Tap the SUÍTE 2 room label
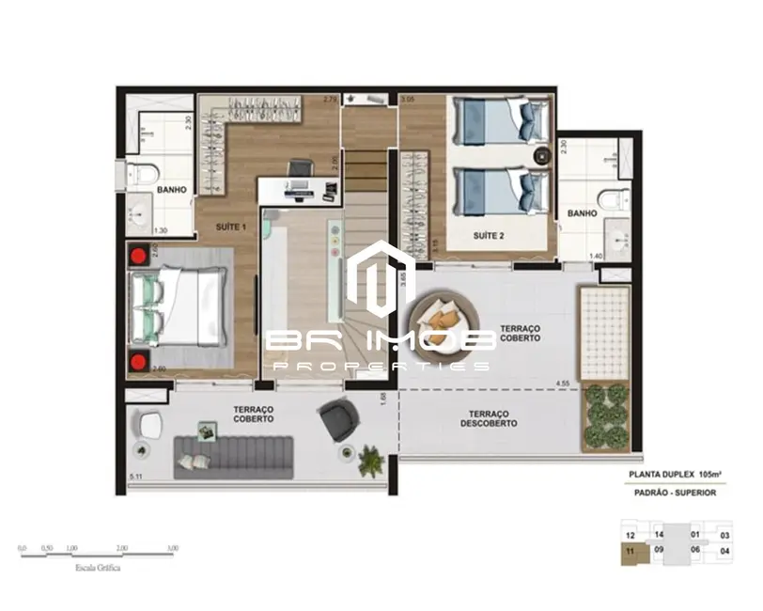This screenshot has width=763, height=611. point(490,237)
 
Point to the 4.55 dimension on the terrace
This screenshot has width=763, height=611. point(563,384)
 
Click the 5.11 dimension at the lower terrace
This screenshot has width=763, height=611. point(137,478)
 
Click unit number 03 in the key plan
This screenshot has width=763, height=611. point(724,536)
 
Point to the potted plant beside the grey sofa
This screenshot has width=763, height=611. point(372,460)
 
